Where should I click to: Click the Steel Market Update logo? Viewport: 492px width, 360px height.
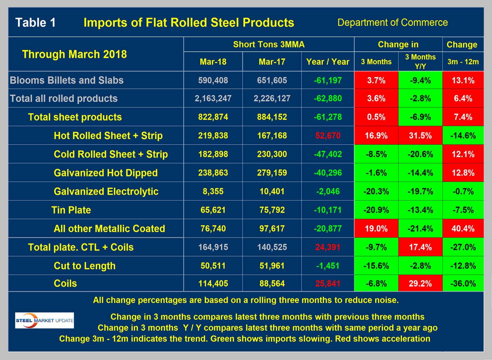(45, 320)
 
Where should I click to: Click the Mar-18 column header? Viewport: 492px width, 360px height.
(213, 62)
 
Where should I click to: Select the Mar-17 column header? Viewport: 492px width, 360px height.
(272, 62)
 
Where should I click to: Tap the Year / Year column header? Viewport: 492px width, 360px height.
(328, 62)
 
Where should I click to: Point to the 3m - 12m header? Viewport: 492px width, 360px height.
(463, 62)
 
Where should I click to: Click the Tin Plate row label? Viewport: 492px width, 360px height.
(71, 210)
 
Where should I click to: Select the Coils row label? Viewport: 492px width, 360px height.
(65, 283)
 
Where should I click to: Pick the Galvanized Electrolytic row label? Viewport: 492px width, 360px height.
(106, 191)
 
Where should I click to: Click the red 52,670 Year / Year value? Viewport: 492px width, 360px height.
(328, 136)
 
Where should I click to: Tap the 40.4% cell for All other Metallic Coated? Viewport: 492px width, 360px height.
(463, 228)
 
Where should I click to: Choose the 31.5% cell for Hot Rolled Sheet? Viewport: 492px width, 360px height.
(420, 136)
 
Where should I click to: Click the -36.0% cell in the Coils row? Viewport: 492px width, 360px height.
(463, 283)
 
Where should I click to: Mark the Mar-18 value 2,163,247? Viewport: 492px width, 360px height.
(213, 98)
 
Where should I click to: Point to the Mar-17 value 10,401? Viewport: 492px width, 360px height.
(272, 191)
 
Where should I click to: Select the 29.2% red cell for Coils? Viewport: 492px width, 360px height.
(420, 283)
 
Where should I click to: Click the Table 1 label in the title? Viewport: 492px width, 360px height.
(36, 23)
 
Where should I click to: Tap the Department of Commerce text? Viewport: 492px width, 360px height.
(392, 23)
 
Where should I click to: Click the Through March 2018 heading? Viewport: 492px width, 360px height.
(74, 54)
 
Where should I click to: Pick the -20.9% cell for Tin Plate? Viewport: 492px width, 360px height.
(376, 210)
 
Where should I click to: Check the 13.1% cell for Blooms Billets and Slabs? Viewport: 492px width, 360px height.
(463, 80)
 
